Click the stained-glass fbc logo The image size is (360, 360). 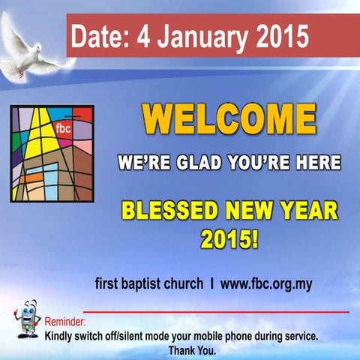pos(52,153)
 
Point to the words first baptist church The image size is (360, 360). pos(148,284)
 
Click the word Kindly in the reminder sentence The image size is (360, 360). pos(61,337)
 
